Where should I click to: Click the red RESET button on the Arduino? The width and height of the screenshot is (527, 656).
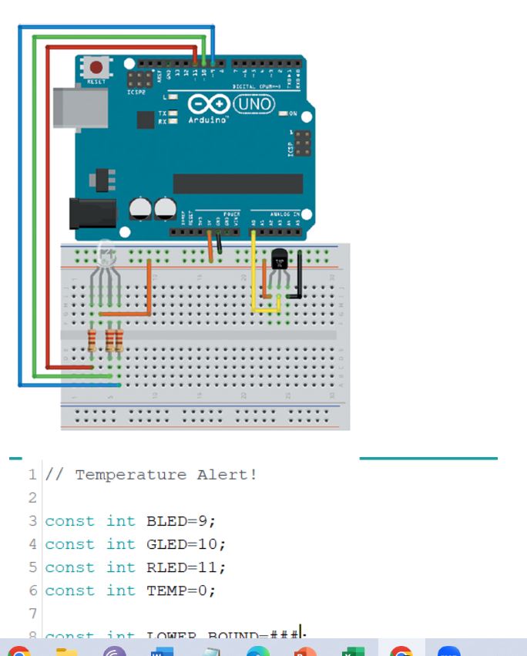96,66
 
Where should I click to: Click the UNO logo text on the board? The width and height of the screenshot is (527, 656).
253,104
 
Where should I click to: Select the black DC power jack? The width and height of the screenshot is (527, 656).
91,214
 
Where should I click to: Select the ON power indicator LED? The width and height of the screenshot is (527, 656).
284,113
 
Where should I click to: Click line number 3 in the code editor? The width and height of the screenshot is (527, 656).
33,521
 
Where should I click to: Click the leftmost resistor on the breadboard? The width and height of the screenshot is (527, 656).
92,340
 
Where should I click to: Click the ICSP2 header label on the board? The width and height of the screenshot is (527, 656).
136,93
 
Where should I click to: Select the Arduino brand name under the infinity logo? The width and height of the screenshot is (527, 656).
208,120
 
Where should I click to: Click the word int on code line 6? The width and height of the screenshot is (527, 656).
121,590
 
